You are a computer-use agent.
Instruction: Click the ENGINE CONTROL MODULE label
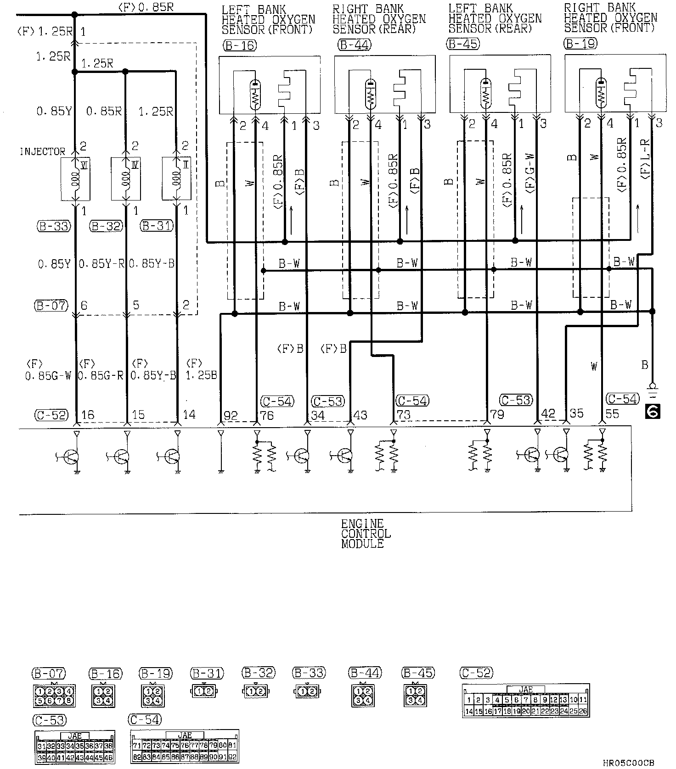pos(366,534)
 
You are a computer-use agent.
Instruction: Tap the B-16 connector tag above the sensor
pos(239,45)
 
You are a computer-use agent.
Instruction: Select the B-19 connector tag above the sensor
pos(580,44)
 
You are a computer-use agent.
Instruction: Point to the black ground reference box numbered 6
pos(652,412)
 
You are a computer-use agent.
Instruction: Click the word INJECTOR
pos(42,151)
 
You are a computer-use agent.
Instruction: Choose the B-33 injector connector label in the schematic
pos(53,226)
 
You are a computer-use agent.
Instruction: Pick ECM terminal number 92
pos(231,416)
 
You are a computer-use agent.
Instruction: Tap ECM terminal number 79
pos(497,415)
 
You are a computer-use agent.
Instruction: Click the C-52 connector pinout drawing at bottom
pos(526,701)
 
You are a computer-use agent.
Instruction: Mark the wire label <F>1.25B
pos(201,370)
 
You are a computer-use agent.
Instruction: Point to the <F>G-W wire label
pos(529,172)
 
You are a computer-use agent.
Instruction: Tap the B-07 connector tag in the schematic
pos(51,306)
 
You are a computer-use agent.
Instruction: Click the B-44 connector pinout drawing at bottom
pos(362,695)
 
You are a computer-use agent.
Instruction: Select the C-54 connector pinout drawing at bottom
pos(185,746)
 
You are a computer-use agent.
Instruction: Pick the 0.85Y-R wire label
pos(102,264)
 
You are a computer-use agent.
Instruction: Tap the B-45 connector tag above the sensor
pos(463,44)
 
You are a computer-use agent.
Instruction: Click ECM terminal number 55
pos(612,414)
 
